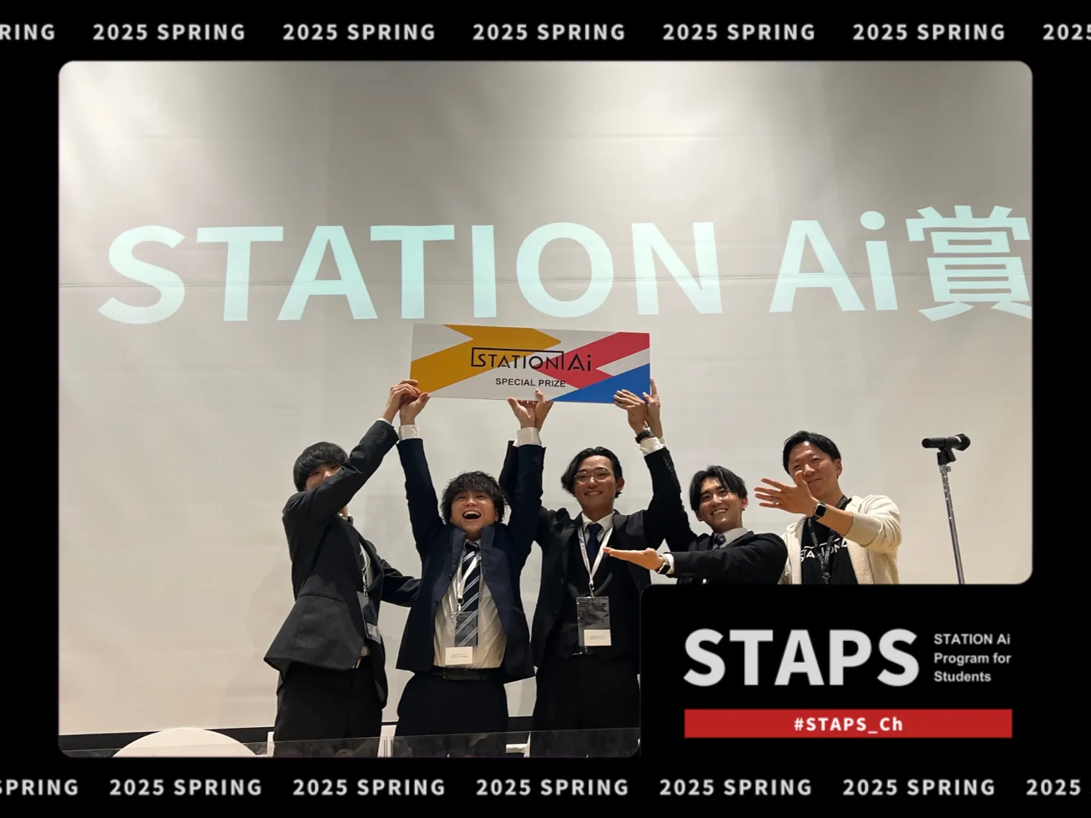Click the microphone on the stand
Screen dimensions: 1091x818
(946, 442)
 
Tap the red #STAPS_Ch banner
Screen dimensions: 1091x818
(848, 723)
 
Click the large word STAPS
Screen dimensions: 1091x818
(801, 657)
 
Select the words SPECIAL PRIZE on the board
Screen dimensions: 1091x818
(530, 382)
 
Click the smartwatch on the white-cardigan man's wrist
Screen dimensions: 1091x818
(819, 510)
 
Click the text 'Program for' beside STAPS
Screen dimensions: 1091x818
(972, 658)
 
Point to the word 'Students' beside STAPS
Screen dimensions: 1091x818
(962, 676)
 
